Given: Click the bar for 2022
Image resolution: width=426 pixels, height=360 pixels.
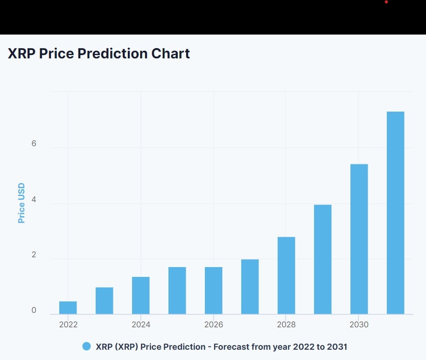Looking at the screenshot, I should coord(68,308).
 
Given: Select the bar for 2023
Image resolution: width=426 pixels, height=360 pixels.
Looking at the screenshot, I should coord(105,301).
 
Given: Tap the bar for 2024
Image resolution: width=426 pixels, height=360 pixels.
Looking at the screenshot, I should coord(141,296).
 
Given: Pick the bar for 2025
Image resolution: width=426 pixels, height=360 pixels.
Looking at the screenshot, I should coord(177,290).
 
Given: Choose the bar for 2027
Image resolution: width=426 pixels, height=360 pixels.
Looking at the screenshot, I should coord(250,287).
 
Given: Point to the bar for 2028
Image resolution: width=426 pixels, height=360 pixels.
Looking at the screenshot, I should coord(286,275).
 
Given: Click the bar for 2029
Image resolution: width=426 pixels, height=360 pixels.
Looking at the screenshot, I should coord(323,259).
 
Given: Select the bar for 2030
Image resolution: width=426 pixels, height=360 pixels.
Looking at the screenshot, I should coord(359,239).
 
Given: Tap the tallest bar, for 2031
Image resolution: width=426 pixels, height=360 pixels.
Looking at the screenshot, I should coord(396,213).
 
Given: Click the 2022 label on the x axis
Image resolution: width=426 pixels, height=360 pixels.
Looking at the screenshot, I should coord(68,325).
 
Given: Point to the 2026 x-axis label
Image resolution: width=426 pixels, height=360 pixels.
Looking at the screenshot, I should coord(214,325).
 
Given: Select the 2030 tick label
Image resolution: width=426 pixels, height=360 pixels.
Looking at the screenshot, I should coord(359,325).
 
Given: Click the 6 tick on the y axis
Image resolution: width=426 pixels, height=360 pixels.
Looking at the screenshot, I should coord(34,144).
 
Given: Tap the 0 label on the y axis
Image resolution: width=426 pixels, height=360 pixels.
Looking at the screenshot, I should coord(34,311).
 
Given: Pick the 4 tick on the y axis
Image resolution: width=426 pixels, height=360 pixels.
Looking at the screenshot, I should coord(34,199).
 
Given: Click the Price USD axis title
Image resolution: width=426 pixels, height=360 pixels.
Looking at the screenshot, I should coord(21,203).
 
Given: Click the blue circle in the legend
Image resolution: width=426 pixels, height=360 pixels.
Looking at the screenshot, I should coord(86,346).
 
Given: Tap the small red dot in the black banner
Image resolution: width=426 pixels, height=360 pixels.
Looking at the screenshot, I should coord(386,2).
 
